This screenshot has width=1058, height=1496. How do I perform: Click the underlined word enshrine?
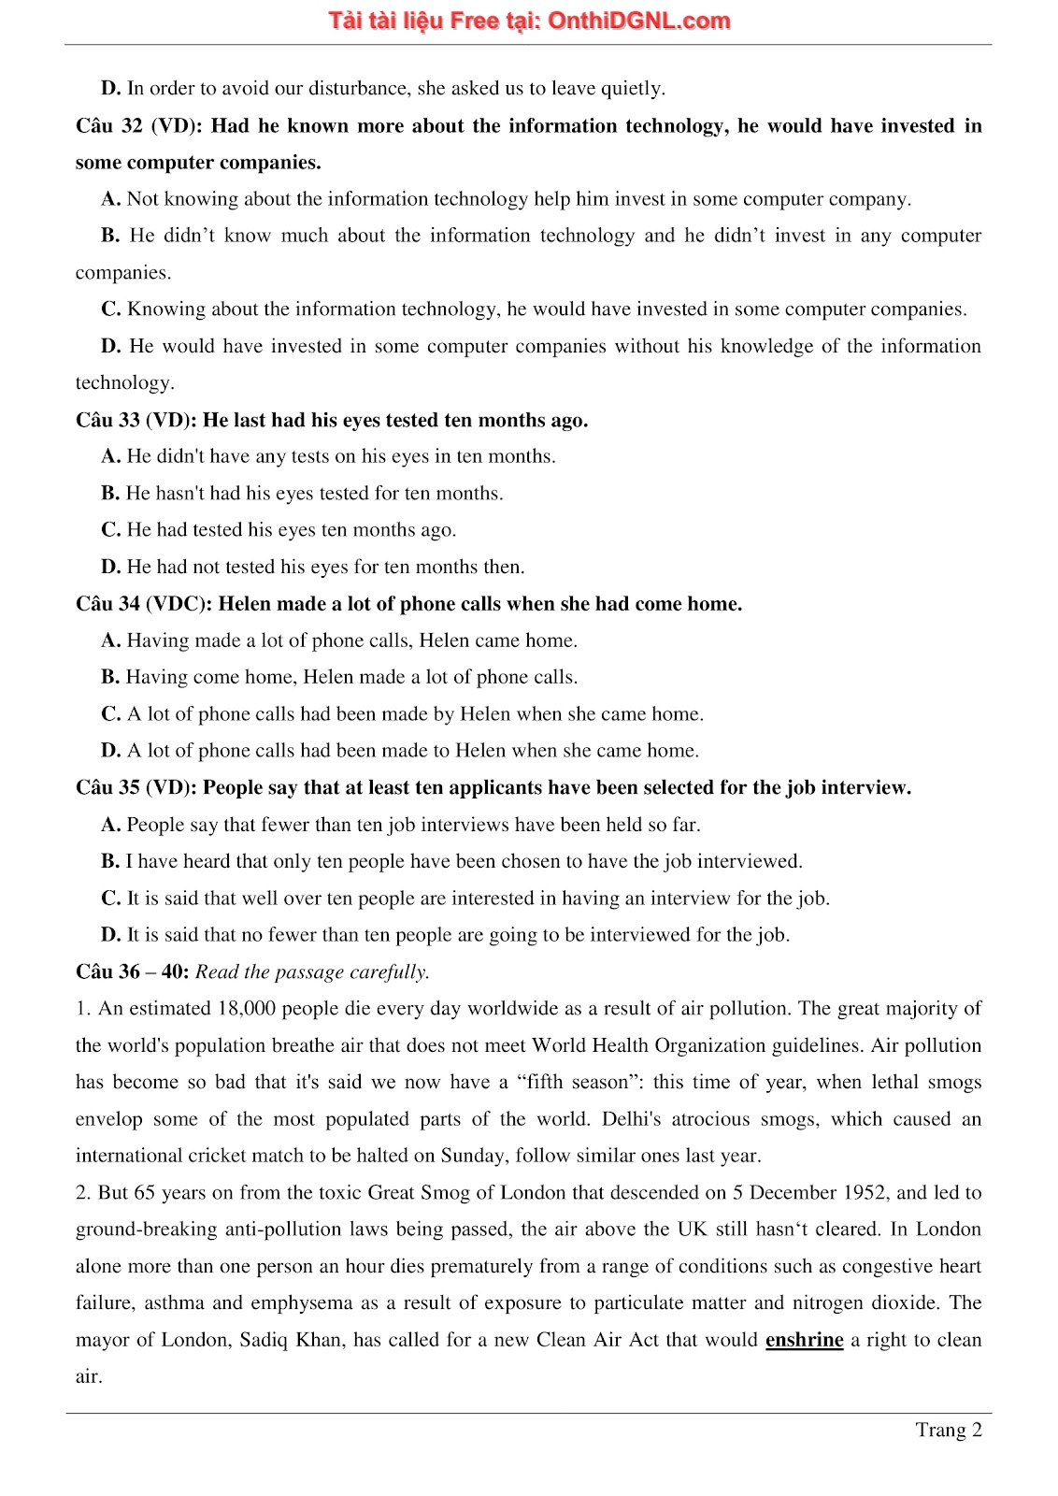pyautogui.click(x=804, y=1339)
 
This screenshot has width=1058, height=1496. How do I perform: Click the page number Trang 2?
pyautogui.click(x=948, y=1430)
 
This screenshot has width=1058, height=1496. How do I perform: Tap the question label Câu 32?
pyautogui.click(x=109, y=126)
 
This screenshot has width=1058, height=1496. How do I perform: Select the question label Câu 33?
pyautogui.click(x=109, y=420)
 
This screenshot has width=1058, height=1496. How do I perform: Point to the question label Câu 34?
pyautogui.click(x=109, y=604)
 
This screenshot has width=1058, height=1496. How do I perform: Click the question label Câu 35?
pyautogui.click(x=109, y=787)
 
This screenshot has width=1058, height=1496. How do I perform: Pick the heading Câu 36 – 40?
pyautogui.click(x=132, y=971)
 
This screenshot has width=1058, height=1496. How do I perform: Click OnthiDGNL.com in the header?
pyautogui.click(x=638, y=22)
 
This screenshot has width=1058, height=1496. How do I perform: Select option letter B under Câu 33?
pyautogui.click(x=110, y=493)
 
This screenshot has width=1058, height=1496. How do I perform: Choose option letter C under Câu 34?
pyautogui.click(x=110, y=714)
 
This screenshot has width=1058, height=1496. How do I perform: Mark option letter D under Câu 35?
pyautogui.click(x=110, y=935)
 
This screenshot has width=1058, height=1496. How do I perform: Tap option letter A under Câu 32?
pyautogui.click(x=110, y=199)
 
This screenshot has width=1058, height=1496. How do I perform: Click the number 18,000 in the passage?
pyautogui.click(x=247, y=1008)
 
